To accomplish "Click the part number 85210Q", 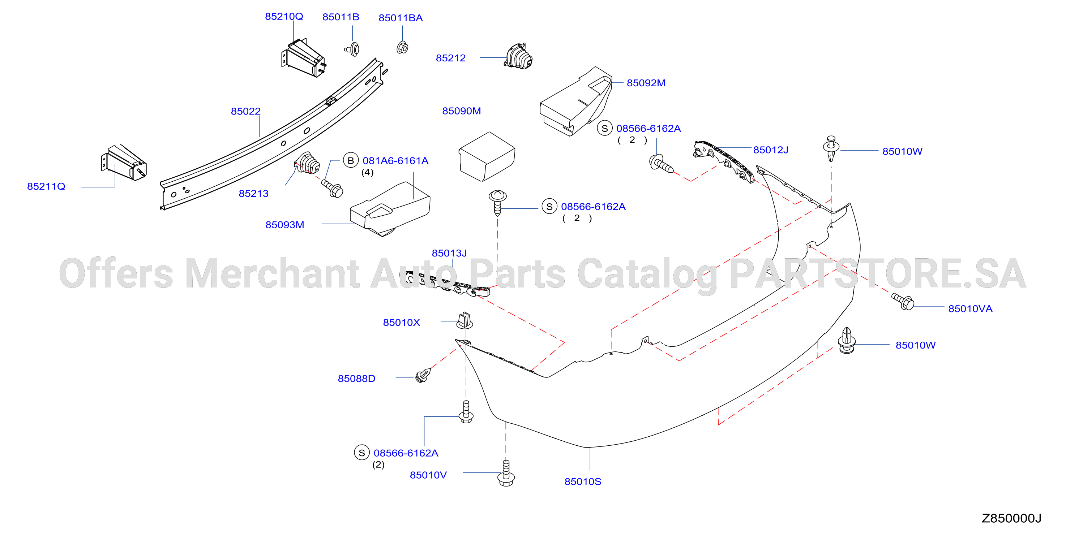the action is pos(284,16).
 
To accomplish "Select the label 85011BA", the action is pos(401,18).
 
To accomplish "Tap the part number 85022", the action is pos(245,111).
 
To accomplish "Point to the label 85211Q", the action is pos(46,186).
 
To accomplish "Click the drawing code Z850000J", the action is pos(1011,518).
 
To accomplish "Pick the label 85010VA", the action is pos(970,309).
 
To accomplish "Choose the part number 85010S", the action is pos(583,482).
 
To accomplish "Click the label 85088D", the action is pos(356,379).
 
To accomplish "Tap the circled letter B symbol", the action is pos(351,160).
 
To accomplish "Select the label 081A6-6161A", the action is pos(395,161).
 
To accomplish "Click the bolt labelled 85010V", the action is pos(506,474).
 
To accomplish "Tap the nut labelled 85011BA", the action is pos(402,47).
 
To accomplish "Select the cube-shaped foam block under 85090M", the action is pos(487,157).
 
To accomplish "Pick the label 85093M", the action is pos(284,225).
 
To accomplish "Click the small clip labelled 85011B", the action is pos(352,49).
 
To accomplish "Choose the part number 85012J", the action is pos(771,150).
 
